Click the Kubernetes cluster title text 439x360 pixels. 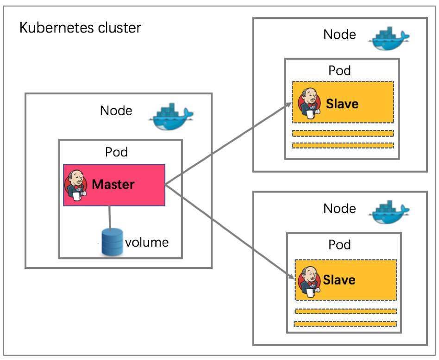pos(80,28)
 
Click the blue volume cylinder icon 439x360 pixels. pos(112,241)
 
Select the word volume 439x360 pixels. pos(147,242)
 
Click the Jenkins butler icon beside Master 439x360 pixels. pos(75,184)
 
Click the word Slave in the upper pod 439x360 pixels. pos(342,103)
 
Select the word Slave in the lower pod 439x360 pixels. pos(339,280)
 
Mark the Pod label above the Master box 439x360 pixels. pos(117,152)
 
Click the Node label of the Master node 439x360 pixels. pos(116,111)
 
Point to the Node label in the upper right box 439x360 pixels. pos(339,35)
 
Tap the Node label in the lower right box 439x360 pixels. pos(339,208)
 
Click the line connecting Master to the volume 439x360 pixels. pos(110,217)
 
